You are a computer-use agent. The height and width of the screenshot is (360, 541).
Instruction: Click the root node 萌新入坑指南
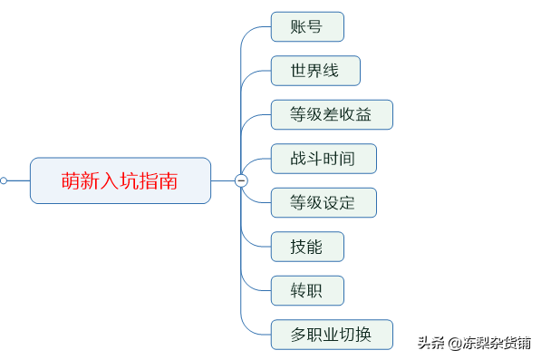pos(120,180)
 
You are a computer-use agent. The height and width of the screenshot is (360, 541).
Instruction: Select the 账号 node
pos(307,26)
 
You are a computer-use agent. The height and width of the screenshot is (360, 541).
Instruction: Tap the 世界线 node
pos(315,71)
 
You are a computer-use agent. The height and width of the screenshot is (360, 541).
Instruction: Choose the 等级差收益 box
pos(332,114)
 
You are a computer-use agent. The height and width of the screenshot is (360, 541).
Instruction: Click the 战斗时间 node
pos(323,159)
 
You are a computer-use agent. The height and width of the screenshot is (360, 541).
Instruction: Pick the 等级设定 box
pos(323,202)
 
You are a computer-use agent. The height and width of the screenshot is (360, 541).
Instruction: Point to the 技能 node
pos(307,247)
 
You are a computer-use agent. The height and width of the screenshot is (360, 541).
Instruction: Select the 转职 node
pos(307,290)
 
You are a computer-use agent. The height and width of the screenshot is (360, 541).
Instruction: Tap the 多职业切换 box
pos(332,335)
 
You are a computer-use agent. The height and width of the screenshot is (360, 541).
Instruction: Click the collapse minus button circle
pos(241,180)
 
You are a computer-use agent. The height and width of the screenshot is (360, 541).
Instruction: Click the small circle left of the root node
pos(4,180)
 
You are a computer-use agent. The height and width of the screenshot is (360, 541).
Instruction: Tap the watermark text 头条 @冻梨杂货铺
pos(474,343)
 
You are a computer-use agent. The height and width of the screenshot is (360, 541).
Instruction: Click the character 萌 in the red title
pos(72,180)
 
